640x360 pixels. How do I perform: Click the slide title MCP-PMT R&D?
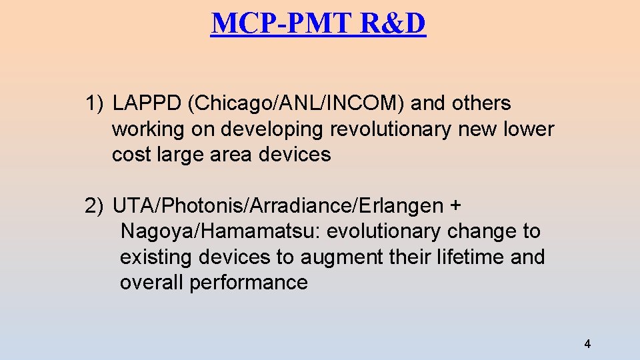pos(318,23)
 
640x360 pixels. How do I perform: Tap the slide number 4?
pos(587,345)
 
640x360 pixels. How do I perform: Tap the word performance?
pos(249,283)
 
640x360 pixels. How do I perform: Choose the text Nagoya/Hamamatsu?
pos(221,232)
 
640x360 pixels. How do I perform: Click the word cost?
pos(131,155)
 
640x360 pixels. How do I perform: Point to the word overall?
pos(152,283)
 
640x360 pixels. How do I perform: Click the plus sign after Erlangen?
pos(455,207)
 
